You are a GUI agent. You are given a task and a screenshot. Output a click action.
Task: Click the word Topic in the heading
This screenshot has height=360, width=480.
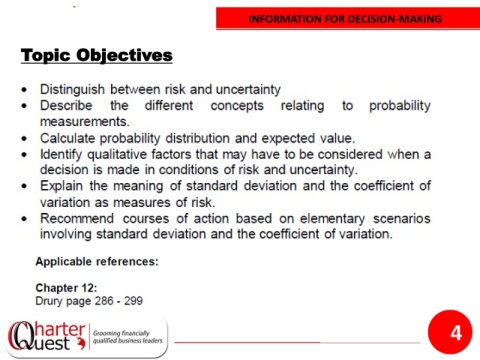46,55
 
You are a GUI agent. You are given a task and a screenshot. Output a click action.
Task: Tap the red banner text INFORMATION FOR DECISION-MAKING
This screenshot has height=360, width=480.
345,19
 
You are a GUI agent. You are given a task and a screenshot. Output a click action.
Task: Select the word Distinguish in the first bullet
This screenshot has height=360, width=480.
72,90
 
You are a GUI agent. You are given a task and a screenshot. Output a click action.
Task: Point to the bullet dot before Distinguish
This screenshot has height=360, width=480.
24,90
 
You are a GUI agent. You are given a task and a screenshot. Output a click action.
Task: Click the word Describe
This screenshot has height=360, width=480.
66,105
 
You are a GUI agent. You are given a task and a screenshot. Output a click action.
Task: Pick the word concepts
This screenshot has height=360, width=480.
237,106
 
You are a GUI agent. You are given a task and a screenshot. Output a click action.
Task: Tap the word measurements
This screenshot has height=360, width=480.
85,122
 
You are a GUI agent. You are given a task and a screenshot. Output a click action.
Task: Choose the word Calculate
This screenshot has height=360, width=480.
67,138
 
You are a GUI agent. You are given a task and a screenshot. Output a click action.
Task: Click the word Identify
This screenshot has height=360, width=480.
61,155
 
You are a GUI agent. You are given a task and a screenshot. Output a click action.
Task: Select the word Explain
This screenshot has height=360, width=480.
61,186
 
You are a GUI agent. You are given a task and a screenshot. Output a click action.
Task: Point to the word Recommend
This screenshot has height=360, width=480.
77,219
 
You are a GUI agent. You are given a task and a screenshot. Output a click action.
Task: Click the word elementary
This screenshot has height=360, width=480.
332,219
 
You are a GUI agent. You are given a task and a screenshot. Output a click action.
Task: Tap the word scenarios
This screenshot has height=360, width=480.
402,219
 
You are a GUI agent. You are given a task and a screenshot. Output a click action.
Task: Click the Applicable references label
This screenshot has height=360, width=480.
97,262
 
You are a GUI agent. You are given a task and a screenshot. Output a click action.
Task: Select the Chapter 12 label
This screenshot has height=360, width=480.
66,288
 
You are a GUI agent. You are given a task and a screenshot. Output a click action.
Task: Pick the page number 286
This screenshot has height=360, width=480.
104,301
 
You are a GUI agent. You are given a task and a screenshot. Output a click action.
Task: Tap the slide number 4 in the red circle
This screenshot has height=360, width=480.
456,333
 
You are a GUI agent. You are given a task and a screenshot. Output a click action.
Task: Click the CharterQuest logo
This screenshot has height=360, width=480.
46,336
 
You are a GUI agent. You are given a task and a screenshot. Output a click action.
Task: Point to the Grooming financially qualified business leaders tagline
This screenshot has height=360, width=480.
127,337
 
